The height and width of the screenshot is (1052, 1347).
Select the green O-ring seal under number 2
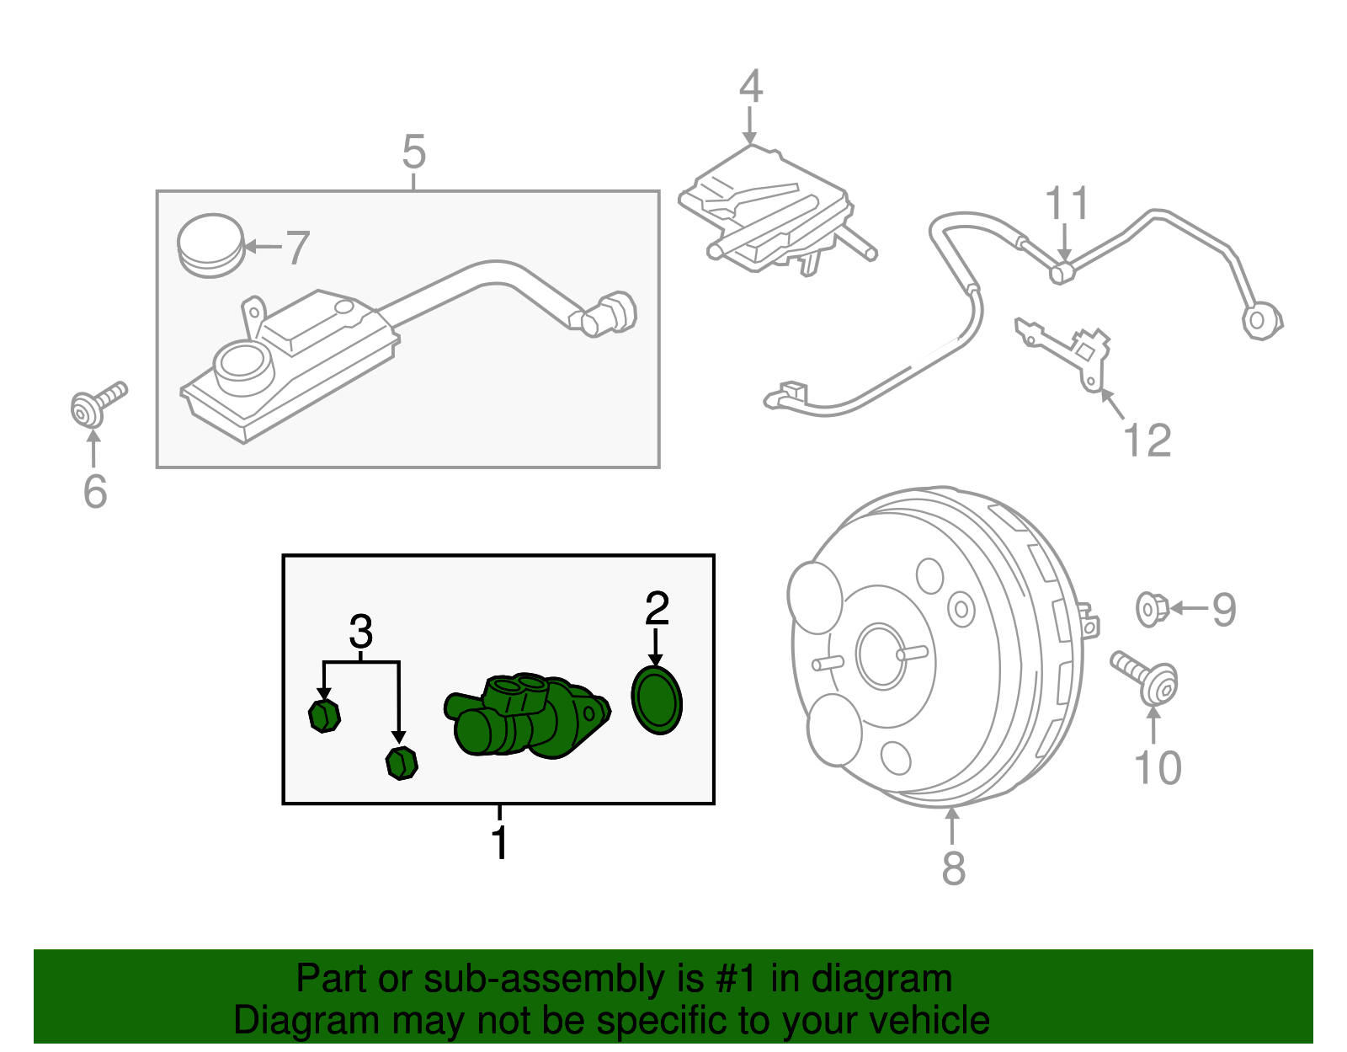(657, 701)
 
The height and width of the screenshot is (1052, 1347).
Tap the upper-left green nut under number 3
(324, 716)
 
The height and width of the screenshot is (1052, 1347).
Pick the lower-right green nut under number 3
(402, 762)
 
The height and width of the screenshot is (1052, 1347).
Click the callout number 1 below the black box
(499, 843)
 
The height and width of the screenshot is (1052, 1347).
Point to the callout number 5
(413, 152)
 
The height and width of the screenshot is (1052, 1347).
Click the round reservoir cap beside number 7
(210, 244)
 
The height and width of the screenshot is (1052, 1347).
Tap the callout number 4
(750, 87)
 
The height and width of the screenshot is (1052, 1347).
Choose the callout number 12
(1147, 441)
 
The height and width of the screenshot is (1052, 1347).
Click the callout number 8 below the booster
(953, 868)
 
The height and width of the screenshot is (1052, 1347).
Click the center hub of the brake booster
(881, 655)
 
